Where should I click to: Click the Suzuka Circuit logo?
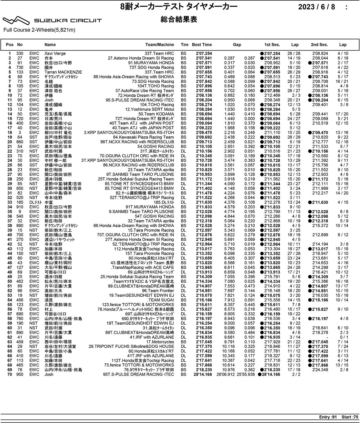pos(52,21)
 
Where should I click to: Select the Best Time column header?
pos(202,45)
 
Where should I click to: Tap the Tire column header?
pos(184,45)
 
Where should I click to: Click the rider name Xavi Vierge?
pos(55,54)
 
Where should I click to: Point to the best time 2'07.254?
pos(204,54)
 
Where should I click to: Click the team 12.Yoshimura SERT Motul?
pos(149,109)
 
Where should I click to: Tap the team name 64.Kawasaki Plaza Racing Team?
pos(143,137)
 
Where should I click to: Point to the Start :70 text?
pos(350,417)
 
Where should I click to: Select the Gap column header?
pos(237,45)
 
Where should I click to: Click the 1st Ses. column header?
pos(272,45)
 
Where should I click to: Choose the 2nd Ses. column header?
pos(319,45)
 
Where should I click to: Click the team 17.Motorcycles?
pos(160,342)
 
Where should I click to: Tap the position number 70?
pos(10,375)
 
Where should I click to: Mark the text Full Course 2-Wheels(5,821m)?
pos(39,30)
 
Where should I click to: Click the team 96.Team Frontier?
pos(158,291)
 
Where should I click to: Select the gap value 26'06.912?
pos(226,375)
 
